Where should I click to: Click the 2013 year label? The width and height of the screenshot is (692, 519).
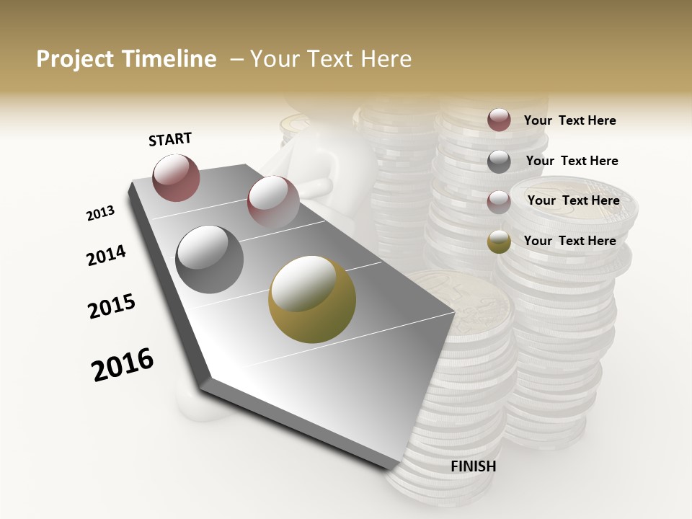pos(100,213)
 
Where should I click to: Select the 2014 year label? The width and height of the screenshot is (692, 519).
pos(106,255)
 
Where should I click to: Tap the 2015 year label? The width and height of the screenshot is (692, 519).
pos(112,306)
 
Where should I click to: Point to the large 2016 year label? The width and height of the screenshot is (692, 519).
pos(123,364)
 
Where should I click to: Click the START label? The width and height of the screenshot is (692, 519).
pos(170,139)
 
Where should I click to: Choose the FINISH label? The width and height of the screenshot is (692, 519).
pos(473,466)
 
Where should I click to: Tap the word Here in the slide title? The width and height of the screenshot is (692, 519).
pos(386,59)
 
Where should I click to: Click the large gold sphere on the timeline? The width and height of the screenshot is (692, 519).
pos(312,299)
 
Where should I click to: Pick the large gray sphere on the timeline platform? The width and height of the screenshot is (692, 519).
pos(210,259)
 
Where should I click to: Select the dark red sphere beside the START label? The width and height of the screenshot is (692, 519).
pos(176,177)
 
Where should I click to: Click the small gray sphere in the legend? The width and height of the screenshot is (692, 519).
pos(499,161)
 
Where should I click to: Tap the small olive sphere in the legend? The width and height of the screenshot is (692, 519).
pos(499,241)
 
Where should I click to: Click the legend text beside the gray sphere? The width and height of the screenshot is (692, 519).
pos(572,161)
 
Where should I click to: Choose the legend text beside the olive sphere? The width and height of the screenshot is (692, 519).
pos(569,241)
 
